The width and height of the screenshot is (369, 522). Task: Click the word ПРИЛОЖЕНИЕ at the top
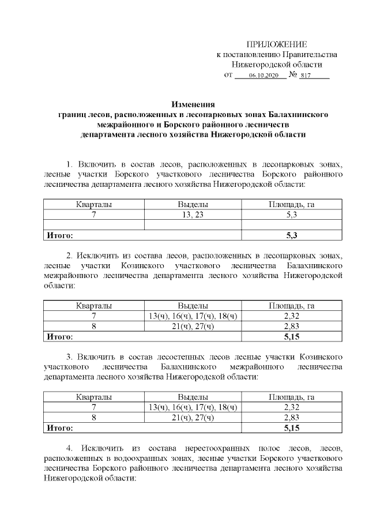277,44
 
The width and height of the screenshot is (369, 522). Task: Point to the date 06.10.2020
263,76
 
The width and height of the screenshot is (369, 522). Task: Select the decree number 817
314,76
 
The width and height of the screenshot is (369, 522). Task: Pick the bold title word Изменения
193,104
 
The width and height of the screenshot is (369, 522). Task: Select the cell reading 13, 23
193,215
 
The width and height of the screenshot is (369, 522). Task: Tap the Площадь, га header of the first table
291,204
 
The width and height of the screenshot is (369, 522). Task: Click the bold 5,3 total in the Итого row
291,235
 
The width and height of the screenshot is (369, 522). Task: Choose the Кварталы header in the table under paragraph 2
94,306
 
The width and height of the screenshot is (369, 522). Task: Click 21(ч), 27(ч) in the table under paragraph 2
193,326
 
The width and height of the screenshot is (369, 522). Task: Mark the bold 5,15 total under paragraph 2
291,336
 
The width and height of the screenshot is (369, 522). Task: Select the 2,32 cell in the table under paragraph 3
291,407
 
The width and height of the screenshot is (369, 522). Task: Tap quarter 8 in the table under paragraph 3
94,418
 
